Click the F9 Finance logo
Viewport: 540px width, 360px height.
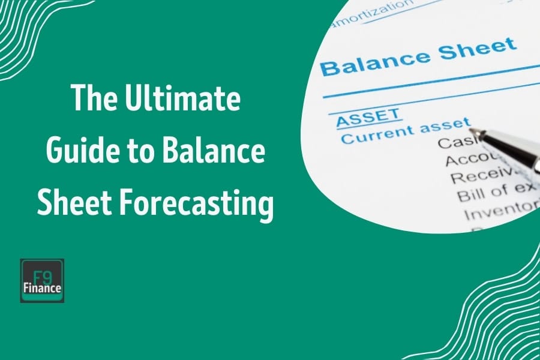(x=42, y=281)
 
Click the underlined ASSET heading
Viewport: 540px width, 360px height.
(x=368, y=116)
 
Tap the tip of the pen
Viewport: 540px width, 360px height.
(x=472, y=131)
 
